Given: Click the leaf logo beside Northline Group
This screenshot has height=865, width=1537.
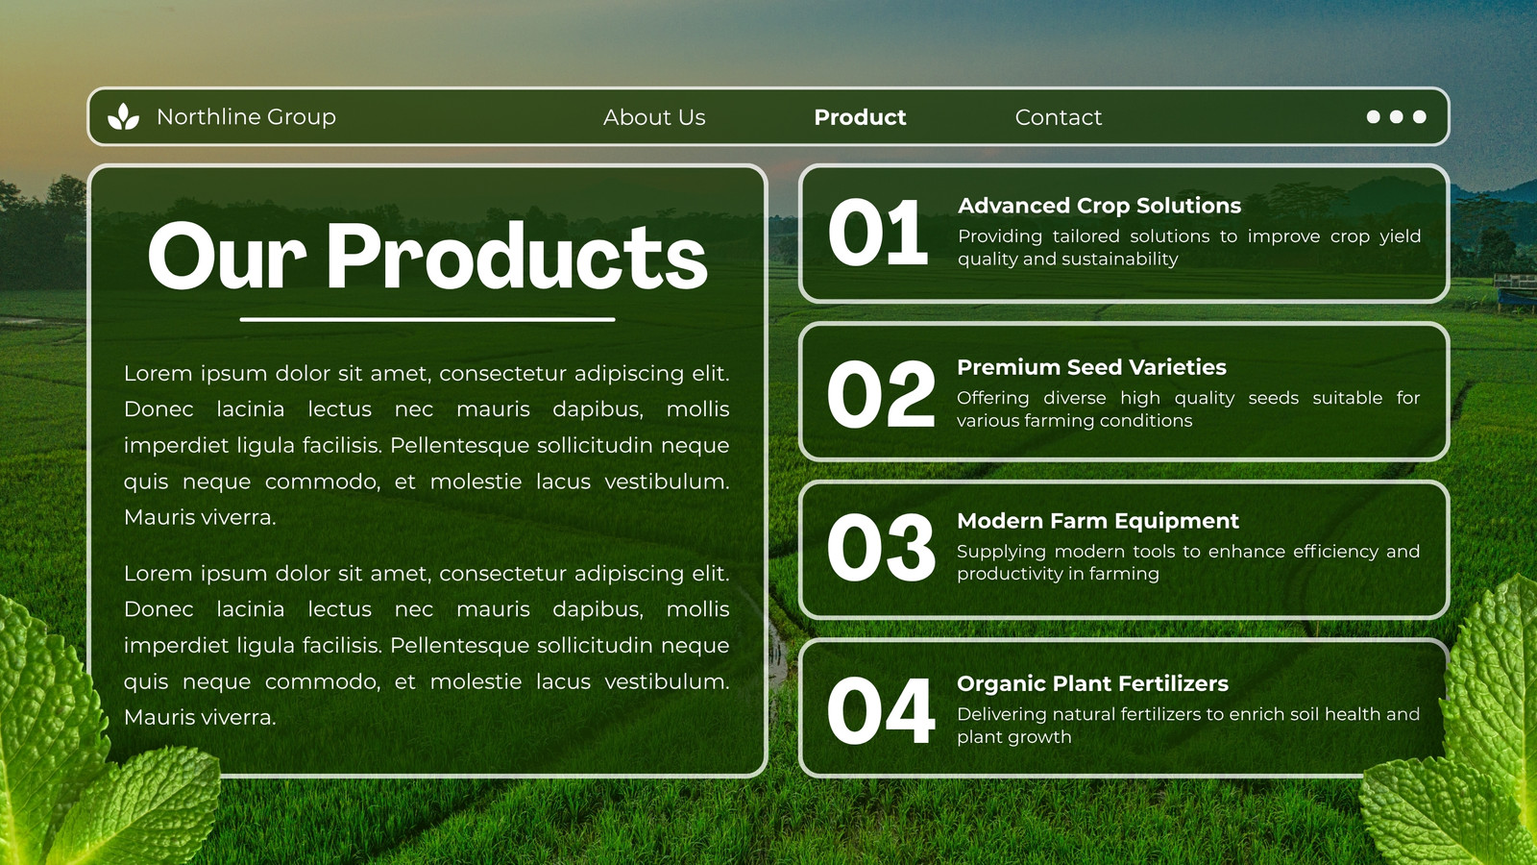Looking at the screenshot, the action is tap(124, 116).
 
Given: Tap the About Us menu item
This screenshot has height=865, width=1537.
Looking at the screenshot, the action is tap(654, 117).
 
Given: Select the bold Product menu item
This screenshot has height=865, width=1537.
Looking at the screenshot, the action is tap(860, 117).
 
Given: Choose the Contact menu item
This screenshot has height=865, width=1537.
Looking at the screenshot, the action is tap(1058, 117).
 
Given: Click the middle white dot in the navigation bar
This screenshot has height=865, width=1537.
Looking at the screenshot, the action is tap(1397, 116).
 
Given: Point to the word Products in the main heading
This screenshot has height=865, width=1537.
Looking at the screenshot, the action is tap(517, 256).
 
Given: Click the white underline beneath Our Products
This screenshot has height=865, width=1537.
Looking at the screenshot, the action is tap(427, 319).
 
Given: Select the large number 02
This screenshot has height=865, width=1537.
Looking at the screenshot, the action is tap(881, 394).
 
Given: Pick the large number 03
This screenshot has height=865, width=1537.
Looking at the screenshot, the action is tap(881, 548).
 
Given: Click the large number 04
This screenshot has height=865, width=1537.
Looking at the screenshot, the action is tap(881, 710).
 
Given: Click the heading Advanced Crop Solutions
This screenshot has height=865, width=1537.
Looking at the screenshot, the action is tap(1099, 206).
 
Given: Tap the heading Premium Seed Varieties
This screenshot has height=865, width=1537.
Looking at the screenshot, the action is tap(1091, 367).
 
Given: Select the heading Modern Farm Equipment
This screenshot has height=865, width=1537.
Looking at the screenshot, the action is tap(1098, 521).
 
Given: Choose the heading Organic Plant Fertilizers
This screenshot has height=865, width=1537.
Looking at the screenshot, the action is tap(1092, 683).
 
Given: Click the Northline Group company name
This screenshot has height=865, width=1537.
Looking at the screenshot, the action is tap(246, 116).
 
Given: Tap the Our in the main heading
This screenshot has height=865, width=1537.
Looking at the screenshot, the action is tap(227, 256).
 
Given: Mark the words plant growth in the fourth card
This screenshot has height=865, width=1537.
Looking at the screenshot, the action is tap(1014, 737).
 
